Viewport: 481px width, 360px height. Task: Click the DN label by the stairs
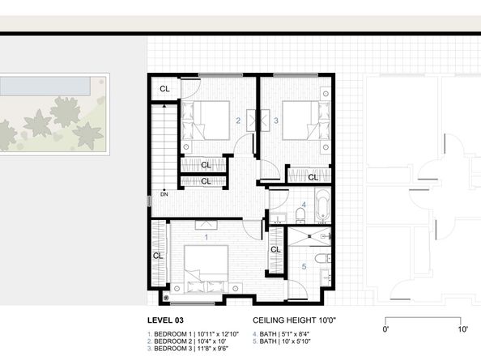pos(164,194)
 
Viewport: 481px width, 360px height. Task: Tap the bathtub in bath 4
pos(321,205)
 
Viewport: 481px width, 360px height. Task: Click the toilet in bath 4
pos(299,214)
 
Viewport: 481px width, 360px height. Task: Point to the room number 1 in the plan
pos(206,237)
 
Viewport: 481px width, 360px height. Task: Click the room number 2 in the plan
pos(237,121)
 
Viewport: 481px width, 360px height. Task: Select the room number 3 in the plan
pos(275,121)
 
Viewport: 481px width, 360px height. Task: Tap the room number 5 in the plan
pos(304,266)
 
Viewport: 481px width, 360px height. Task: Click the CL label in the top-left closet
pos(164,89)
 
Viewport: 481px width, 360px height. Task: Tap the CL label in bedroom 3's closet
pos(313,176)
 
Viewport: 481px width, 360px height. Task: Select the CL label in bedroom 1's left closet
pos(159,257)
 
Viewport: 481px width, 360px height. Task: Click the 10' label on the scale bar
pos(462,329)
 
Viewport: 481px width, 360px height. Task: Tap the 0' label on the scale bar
pos(385,329)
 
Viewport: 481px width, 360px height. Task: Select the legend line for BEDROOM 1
pos(183,333)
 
